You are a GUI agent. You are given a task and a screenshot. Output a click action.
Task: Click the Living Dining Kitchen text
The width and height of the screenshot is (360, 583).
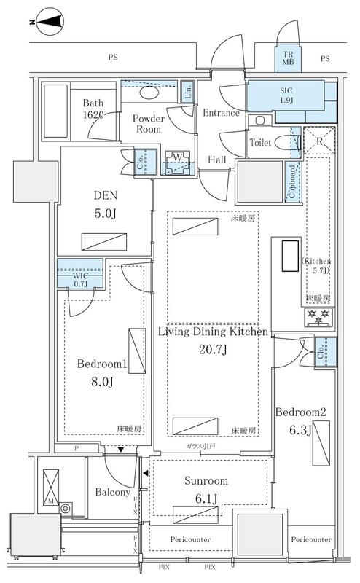coord(214,332)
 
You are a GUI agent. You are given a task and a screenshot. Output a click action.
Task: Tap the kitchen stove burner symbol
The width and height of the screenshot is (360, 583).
coord(318,316)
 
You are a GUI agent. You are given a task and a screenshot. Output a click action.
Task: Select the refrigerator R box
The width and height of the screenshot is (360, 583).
coord(318,140)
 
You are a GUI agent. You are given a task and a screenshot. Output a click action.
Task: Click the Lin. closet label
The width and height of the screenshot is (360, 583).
coord(187,91)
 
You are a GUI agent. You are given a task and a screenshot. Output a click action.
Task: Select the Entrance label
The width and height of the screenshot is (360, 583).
coord(222,113)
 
